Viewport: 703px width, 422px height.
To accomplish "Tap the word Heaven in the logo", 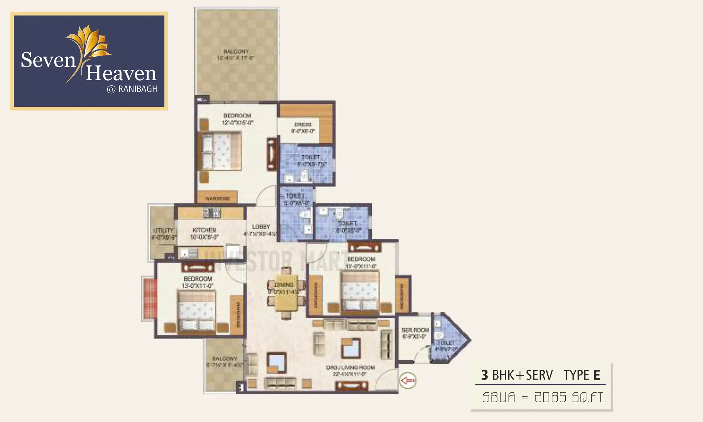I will [121, 73].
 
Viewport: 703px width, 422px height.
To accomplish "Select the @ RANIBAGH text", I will [132, 89].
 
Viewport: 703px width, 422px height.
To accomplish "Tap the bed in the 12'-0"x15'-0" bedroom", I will [221, 152].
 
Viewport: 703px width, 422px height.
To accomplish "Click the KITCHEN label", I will [204, 230].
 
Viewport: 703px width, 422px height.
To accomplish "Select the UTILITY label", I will [163, 231].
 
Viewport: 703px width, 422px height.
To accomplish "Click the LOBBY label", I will [261, 227].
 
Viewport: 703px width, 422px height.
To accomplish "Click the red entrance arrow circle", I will [408, 381].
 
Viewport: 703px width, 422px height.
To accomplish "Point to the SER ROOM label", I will [415, 330].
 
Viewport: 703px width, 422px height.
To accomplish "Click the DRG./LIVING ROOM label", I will [350, 368].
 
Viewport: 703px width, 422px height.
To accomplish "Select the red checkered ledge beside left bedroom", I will [150, 299].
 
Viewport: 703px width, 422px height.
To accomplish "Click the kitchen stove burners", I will [211, 213].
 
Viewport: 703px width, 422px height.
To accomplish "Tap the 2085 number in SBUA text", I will [550, 398].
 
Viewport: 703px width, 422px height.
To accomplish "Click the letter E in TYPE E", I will [597, 375].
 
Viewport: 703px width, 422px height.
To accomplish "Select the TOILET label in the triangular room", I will [446, 343].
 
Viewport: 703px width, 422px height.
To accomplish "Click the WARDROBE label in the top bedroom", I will [217, 199].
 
